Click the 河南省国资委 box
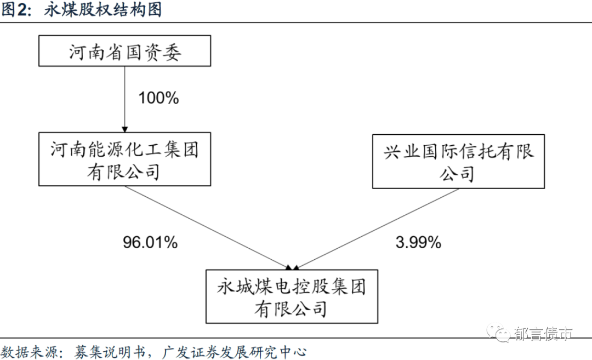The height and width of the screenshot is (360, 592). [125, 51]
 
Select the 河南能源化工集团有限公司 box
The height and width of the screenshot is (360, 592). [125, 159]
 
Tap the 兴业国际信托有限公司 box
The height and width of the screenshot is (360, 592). [459, 161]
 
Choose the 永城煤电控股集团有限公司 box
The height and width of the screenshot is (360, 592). [292, 296]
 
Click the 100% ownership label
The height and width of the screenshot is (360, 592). [158, 99]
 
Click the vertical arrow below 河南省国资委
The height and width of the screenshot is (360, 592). [125, 99]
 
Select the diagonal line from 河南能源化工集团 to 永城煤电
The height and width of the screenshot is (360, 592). [208, 227]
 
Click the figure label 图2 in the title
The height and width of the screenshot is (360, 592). [17, 10]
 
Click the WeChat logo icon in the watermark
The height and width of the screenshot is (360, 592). [500, 333]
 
